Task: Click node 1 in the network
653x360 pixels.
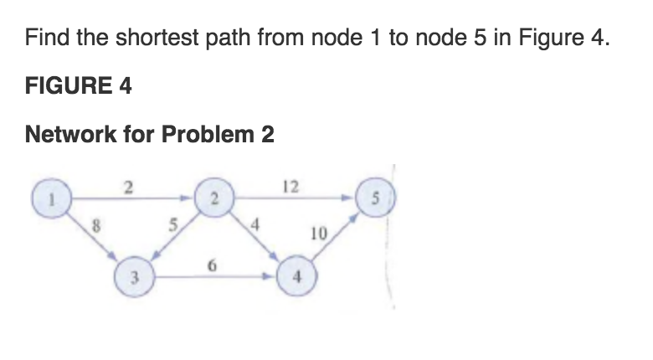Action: coord(52,198)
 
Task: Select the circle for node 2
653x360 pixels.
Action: coord(214,198)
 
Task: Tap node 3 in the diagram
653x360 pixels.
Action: coord(135,276)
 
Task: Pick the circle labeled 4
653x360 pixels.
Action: coord(297,275)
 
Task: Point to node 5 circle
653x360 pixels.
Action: coord(375,197)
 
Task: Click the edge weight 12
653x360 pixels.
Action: coord(291,187)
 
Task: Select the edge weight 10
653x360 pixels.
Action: coord(319,234)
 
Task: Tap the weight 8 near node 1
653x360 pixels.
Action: coord(96,226)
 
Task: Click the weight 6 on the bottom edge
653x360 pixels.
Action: coord(212,265)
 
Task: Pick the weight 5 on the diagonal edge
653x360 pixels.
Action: coord(172,225)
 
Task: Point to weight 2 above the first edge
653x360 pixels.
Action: coord(128,188)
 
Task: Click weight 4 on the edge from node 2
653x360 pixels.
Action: coord(255,225)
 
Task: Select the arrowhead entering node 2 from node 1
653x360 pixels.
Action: coord(185,198)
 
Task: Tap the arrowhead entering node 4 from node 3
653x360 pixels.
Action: coord(268,276)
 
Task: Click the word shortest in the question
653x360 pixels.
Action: coord(157,37)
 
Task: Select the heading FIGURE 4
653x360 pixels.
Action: coord(79,85)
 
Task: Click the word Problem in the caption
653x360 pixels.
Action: coord(208,134)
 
